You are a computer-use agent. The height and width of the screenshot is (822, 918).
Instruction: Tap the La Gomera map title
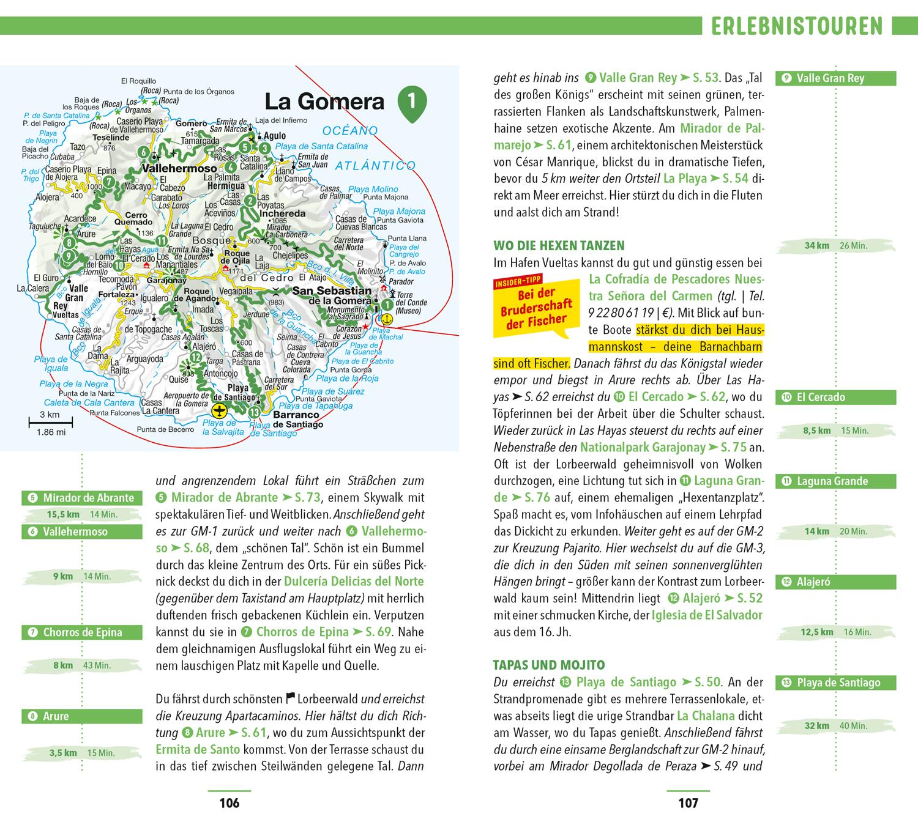click(x=324, y=102)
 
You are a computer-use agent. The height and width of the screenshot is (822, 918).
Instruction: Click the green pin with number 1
click(x=411, y=101)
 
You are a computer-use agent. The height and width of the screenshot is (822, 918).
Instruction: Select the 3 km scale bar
click(x=50, y=420)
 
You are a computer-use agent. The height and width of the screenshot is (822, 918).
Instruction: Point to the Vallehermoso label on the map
click(x=179, y=168)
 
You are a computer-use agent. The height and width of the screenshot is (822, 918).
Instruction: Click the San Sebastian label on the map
click(x=332, y=291)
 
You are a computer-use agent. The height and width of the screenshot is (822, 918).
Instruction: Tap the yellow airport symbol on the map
click(x=218, y=409)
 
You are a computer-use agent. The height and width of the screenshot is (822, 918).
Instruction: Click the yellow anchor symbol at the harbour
click(x=387, y=319)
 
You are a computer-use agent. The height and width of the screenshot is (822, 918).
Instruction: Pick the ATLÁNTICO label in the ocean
click(x=375, y=166)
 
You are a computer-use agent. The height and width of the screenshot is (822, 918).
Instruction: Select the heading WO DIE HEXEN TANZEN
click(x=559, y=246)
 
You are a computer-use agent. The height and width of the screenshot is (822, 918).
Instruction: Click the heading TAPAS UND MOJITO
click(x=549, y=665)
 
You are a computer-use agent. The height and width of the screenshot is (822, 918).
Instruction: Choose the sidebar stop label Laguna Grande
click(x=832, y=481)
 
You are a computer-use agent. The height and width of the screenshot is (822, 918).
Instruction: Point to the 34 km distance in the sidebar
click(x=816, y=246)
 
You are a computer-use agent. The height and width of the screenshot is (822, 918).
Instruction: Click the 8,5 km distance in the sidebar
click(x=816, y=431)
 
